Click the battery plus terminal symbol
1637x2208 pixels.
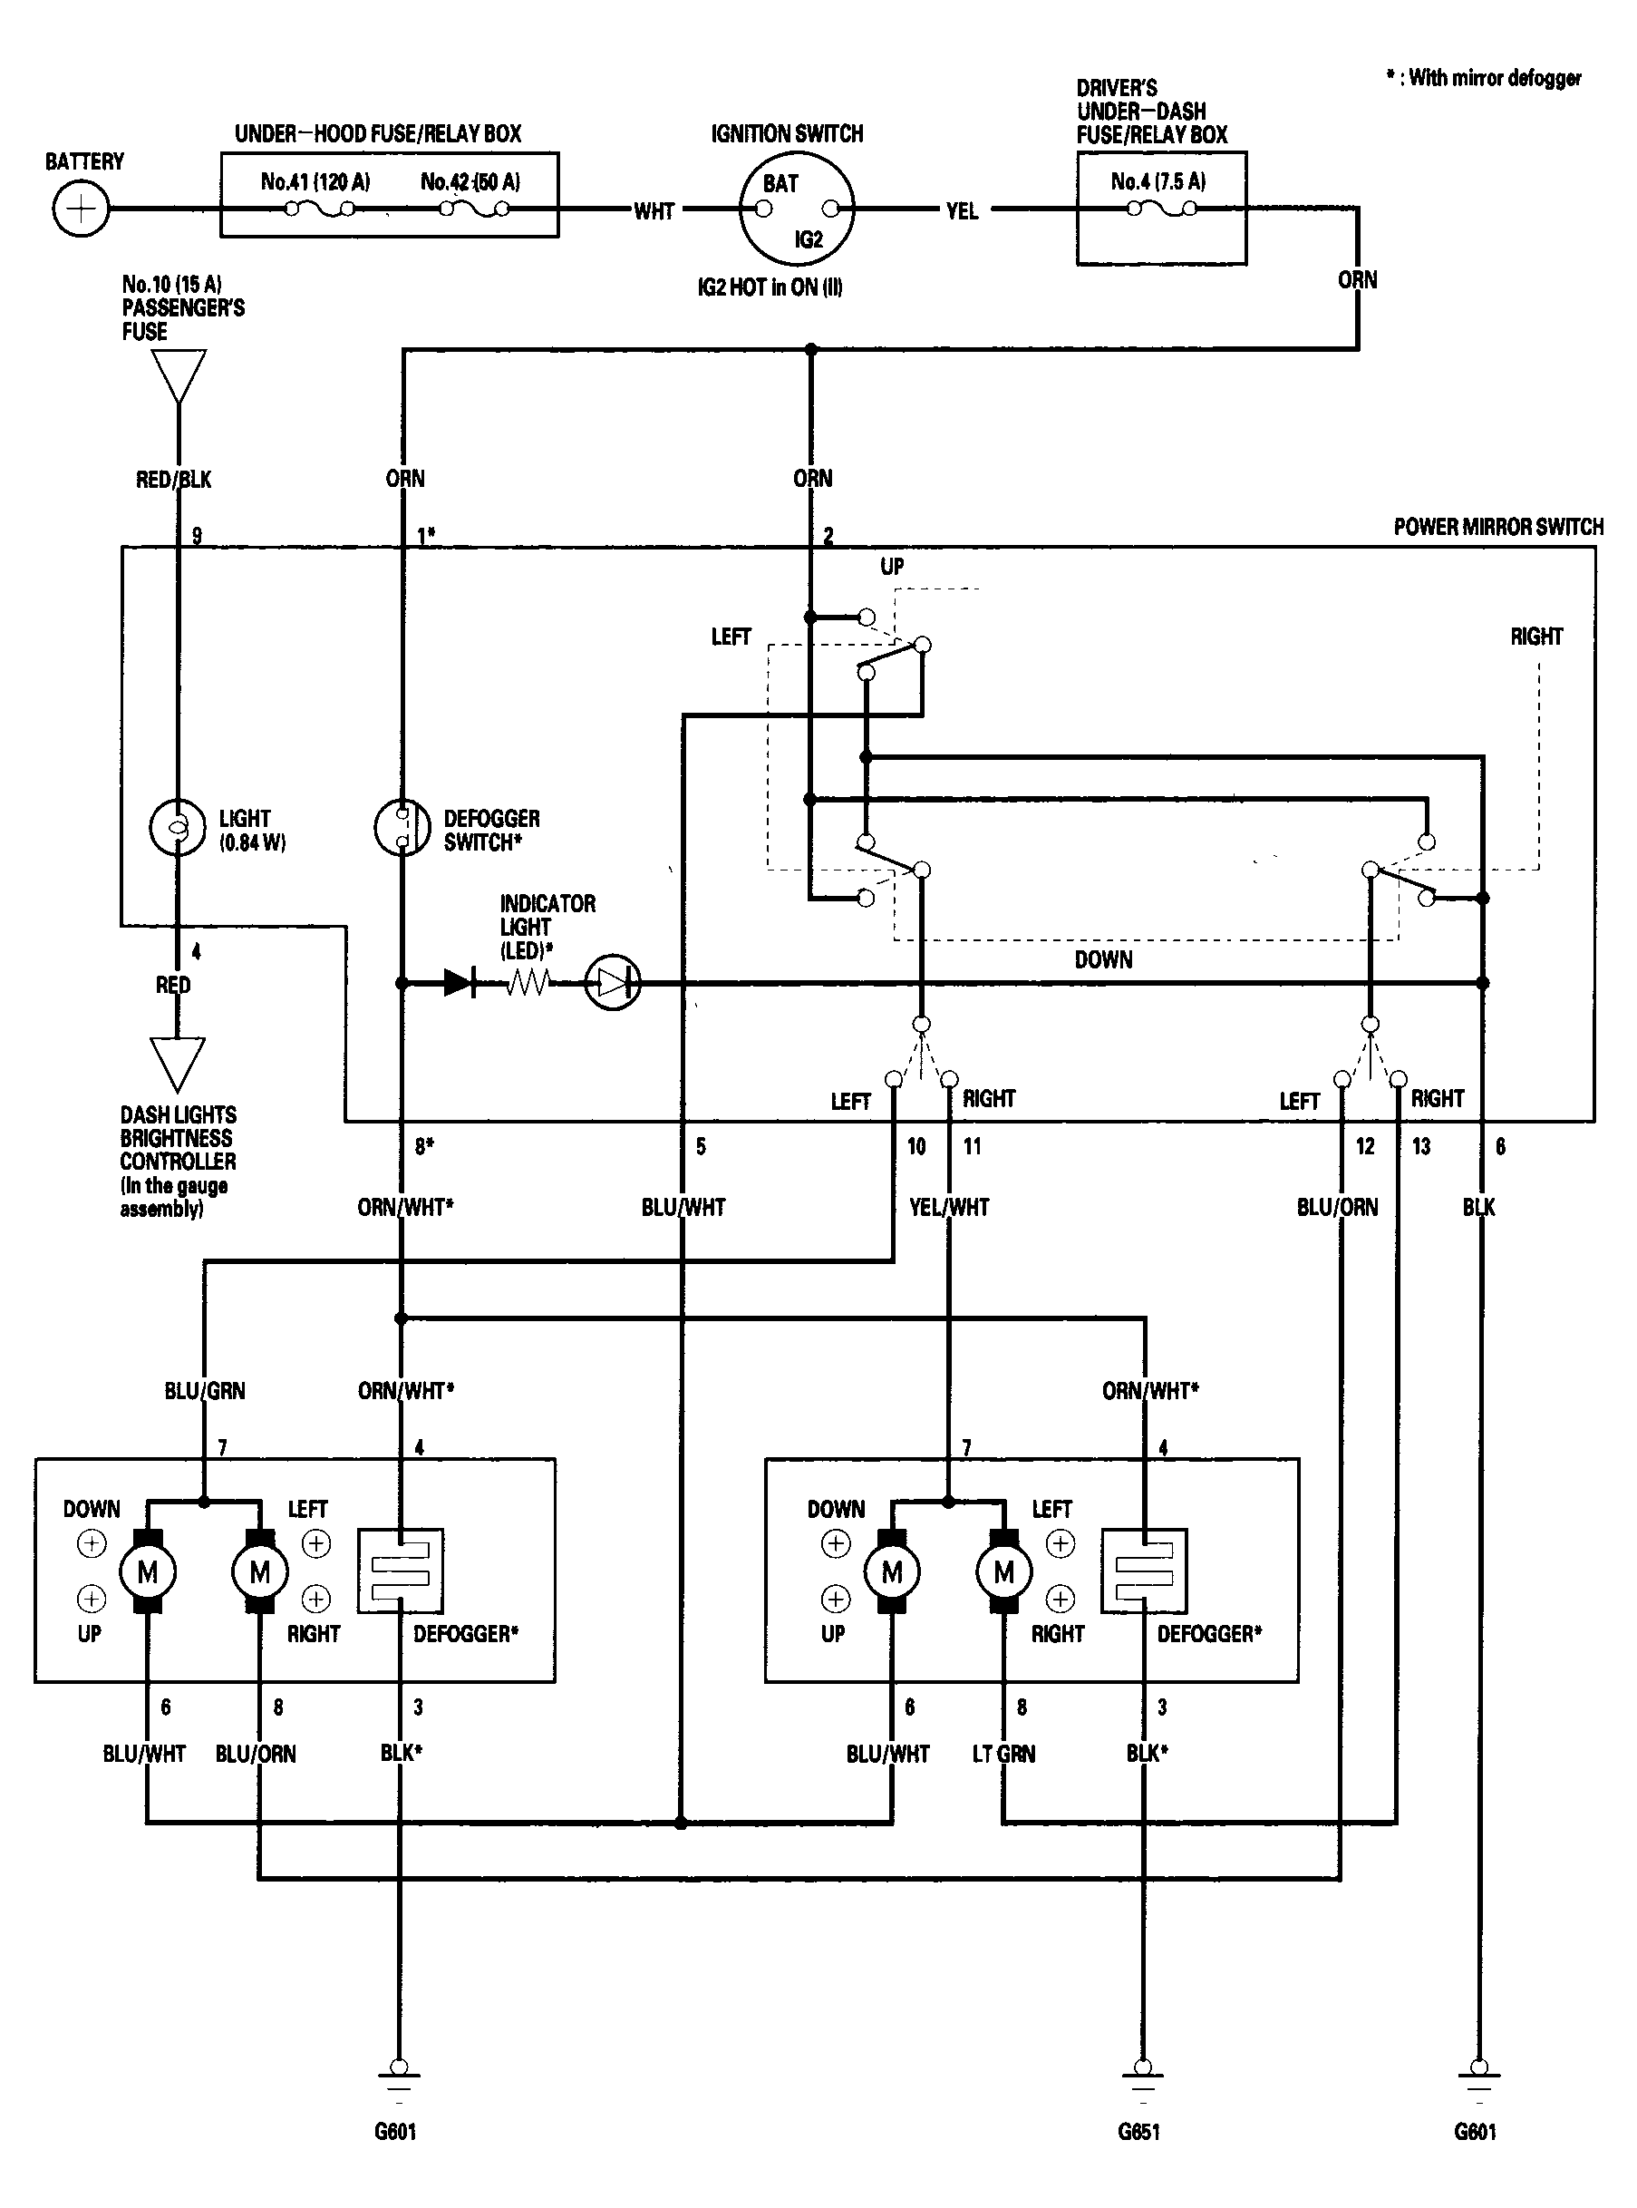(81, 209)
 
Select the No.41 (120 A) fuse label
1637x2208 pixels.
(315, 181)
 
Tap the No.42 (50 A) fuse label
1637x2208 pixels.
(470, 181)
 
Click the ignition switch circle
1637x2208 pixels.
(797, 209)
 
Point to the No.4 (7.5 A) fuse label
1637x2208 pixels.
(1158, 181)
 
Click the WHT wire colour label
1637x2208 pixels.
(654, 211)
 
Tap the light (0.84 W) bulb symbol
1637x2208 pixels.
(178, 826)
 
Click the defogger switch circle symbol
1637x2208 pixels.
(402, 826)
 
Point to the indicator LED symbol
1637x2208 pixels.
(614, 983)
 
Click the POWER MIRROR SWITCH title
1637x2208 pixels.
(1498, 527)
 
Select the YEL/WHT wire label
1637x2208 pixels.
(949, 1207)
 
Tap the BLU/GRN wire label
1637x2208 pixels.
(205, 1391)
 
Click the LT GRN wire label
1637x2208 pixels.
(1003, 1754)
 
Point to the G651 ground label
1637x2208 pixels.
(1138, 2132)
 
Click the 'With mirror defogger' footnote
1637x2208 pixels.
(1485, 77)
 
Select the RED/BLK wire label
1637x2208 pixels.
(173, 480)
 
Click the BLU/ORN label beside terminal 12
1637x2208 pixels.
(1338, 1207)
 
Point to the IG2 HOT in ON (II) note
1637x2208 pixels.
(770, 287)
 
